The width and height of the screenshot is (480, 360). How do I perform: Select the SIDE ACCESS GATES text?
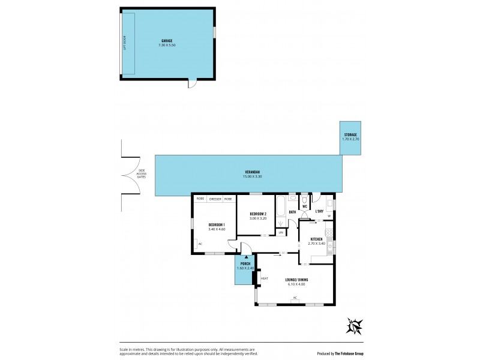142,175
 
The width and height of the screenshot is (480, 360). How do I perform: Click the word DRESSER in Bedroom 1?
215,199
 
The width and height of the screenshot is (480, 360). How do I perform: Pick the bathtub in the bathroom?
281,211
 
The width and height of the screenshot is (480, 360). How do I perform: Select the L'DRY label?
320,211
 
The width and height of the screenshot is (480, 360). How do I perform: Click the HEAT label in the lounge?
264,278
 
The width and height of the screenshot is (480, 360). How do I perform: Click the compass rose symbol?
354,326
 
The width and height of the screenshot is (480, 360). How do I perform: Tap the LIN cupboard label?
280,232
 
